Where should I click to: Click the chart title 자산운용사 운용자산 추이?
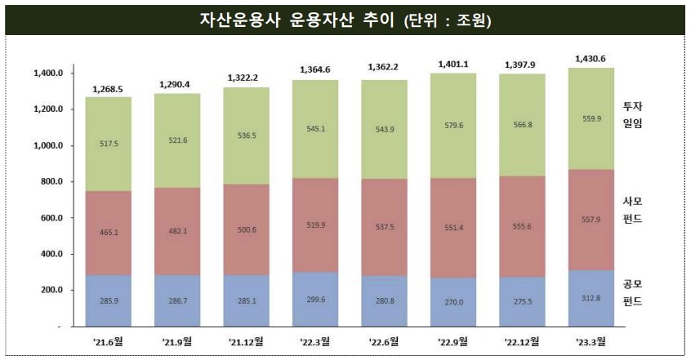(x=345, y=19)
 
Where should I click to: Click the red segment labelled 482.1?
(x=176, y=231)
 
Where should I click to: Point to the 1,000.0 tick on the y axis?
(x=48, y=145)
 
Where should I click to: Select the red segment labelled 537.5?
(x=386, y=231)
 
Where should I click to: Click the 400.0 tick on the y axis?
(x=48, y=254)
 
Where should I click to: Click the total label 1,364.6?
(x=317, y=69)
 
